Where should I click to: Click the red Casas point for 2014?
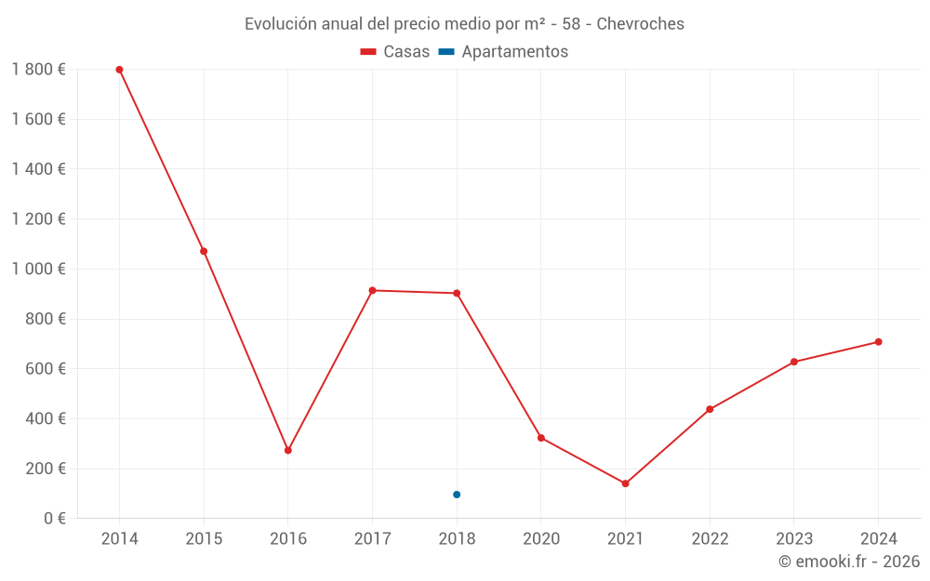tap(119, 70)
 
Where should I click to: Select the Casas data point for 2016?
tap(288, 450)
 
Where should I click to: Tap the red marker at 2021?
tap(625, 483)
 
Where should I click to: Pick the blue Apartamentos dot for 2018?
tap(457, 495)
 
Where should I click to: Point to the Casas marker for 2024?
tap(878, 342)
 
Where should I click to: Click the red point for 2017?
tap(372, 291)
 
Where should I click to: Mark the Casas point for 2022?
tap(710, 409)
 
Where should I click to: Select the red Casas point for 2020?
tap(541, 438)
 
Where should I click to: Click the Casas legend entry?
tap(395, 52)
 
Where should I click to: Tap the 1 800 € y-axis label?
tap(38, 70)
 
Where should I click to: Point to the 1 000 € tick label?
tap(38, 269)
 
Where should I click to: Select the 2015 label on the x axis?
tap(204, 539)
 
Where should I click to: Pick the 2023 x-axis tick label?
tap(793, 539)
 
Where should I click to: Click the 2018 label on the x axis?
tap(457, 539)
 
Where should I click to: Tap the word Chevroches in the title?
tap(640, 23)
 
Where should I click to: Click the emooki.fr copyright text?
tap(848, 561)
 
